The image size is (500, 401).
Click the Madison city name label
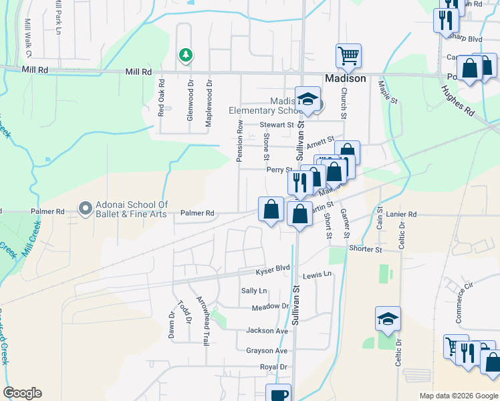pos(345,78)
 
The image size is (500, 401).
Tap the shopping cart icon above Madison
pos(348,56)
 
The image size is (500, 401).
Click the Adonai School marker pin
pos(85,209)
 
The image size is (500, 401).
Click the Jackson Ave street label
pos(267,331)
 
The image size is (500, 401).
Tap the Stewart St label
pos(277,125)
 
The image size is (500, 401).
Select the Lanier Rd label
pos(401,215)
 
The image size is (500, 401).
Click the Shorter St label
pos(364,249)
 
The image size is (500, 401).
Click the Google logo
pos(22,393)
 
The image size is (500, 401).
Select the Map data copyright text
pos(459,396)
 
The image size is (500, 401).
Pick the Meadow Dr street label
pos(269,307)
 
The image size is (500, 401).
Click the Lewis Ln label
pos(317,275)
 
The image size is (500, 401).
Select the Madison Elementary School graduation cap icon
pos(307,99)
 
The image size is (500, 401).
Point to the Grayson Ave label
pos(267,351)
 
